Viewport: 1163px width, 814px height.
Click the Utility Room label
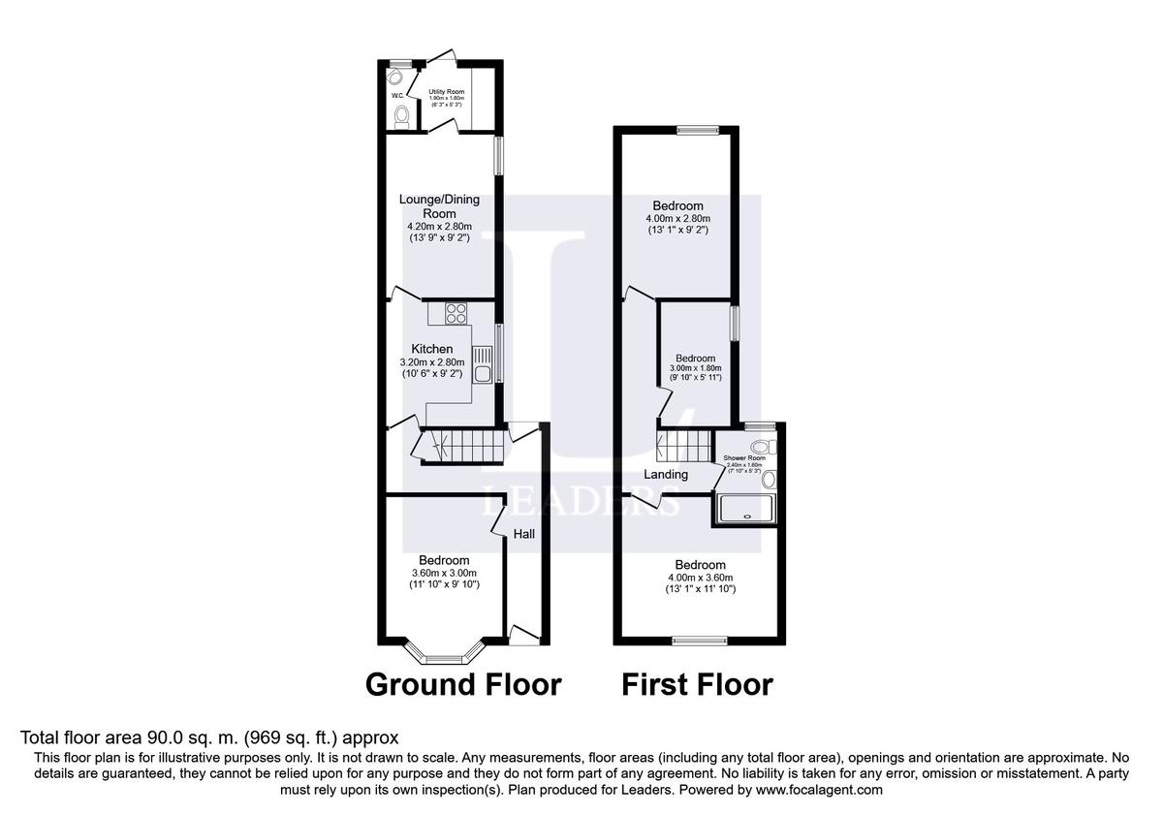tap(448, 92)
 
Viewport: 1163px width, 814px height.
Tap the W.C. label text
tap(397, 96)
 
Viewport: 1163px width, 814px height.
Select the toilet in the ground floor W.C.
tap(402, 116)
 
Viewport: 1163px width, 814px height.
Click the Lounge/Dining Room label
tap(439, 206)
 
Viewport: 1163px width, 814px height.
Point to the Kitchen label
tap(432, 349)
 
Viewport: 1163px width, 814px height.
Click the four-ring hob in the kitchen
tap(456, 314)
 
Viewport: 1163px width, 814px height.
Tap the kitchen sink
tap(483, 365)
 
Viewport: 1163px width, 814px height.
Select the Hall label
tap(524, 534)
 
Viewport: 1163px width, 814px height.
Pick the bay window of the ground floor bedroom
tap(443, 655)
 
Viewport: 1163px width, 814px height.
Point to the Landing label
tap(666, 475)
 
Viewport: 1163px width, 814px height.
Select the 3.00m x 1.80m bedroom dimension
tap(696, 368)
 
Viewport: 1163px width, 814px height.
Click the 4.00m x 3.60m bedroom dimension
tap(700, 578)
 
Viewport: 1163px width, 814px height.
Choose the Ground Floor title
tap(463, 685)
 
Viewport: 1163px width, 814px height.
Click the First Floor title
tap(697, 685)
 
